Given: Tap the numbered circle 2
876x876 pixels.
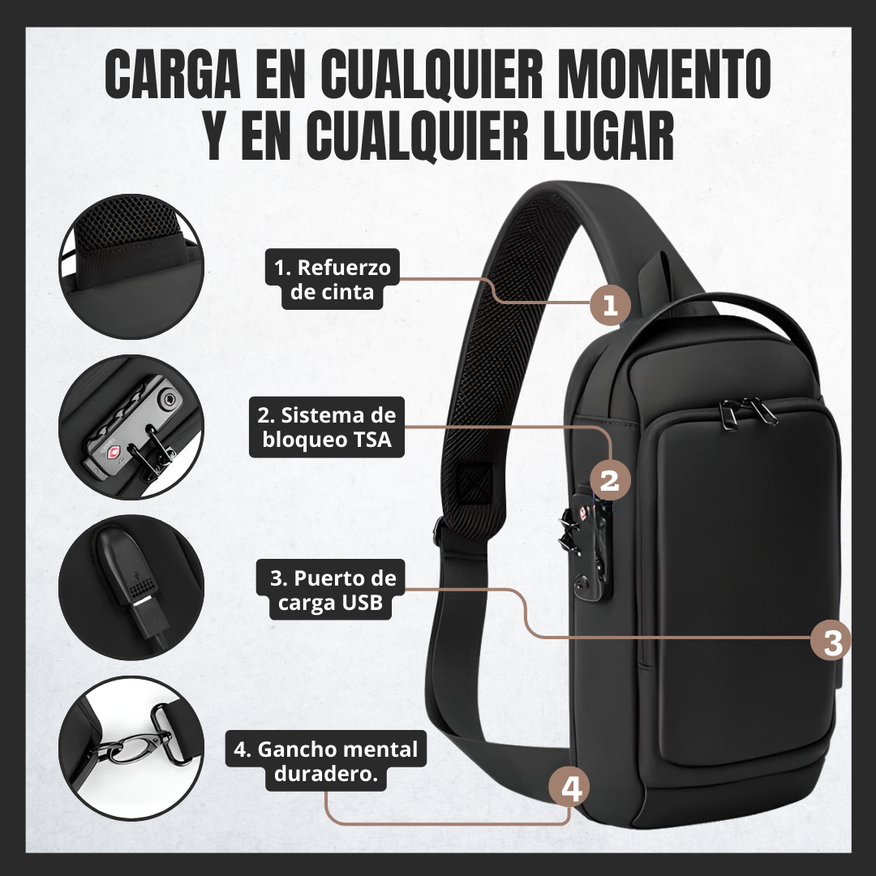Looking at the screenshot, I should click(609, 479).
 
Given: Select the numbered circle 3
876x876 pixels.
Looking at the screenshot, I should click(831, 642).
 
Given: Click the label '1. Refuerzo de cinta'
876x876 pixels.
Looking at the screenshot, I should click(333, 279).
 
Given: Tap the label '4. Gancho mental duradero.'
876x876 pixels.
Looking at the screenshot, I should click(326, 761).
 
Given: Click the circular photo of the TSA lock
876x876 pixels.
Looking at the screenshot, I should click(131, 427).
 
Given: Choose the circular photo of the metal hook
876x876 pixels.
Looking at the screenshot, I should click(131, 749).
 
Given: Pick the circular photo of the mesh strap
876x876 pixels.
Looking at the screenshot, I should click(131, 264).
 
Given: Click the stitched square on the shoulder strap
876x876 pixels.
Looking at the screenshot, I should click(470, 485).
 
